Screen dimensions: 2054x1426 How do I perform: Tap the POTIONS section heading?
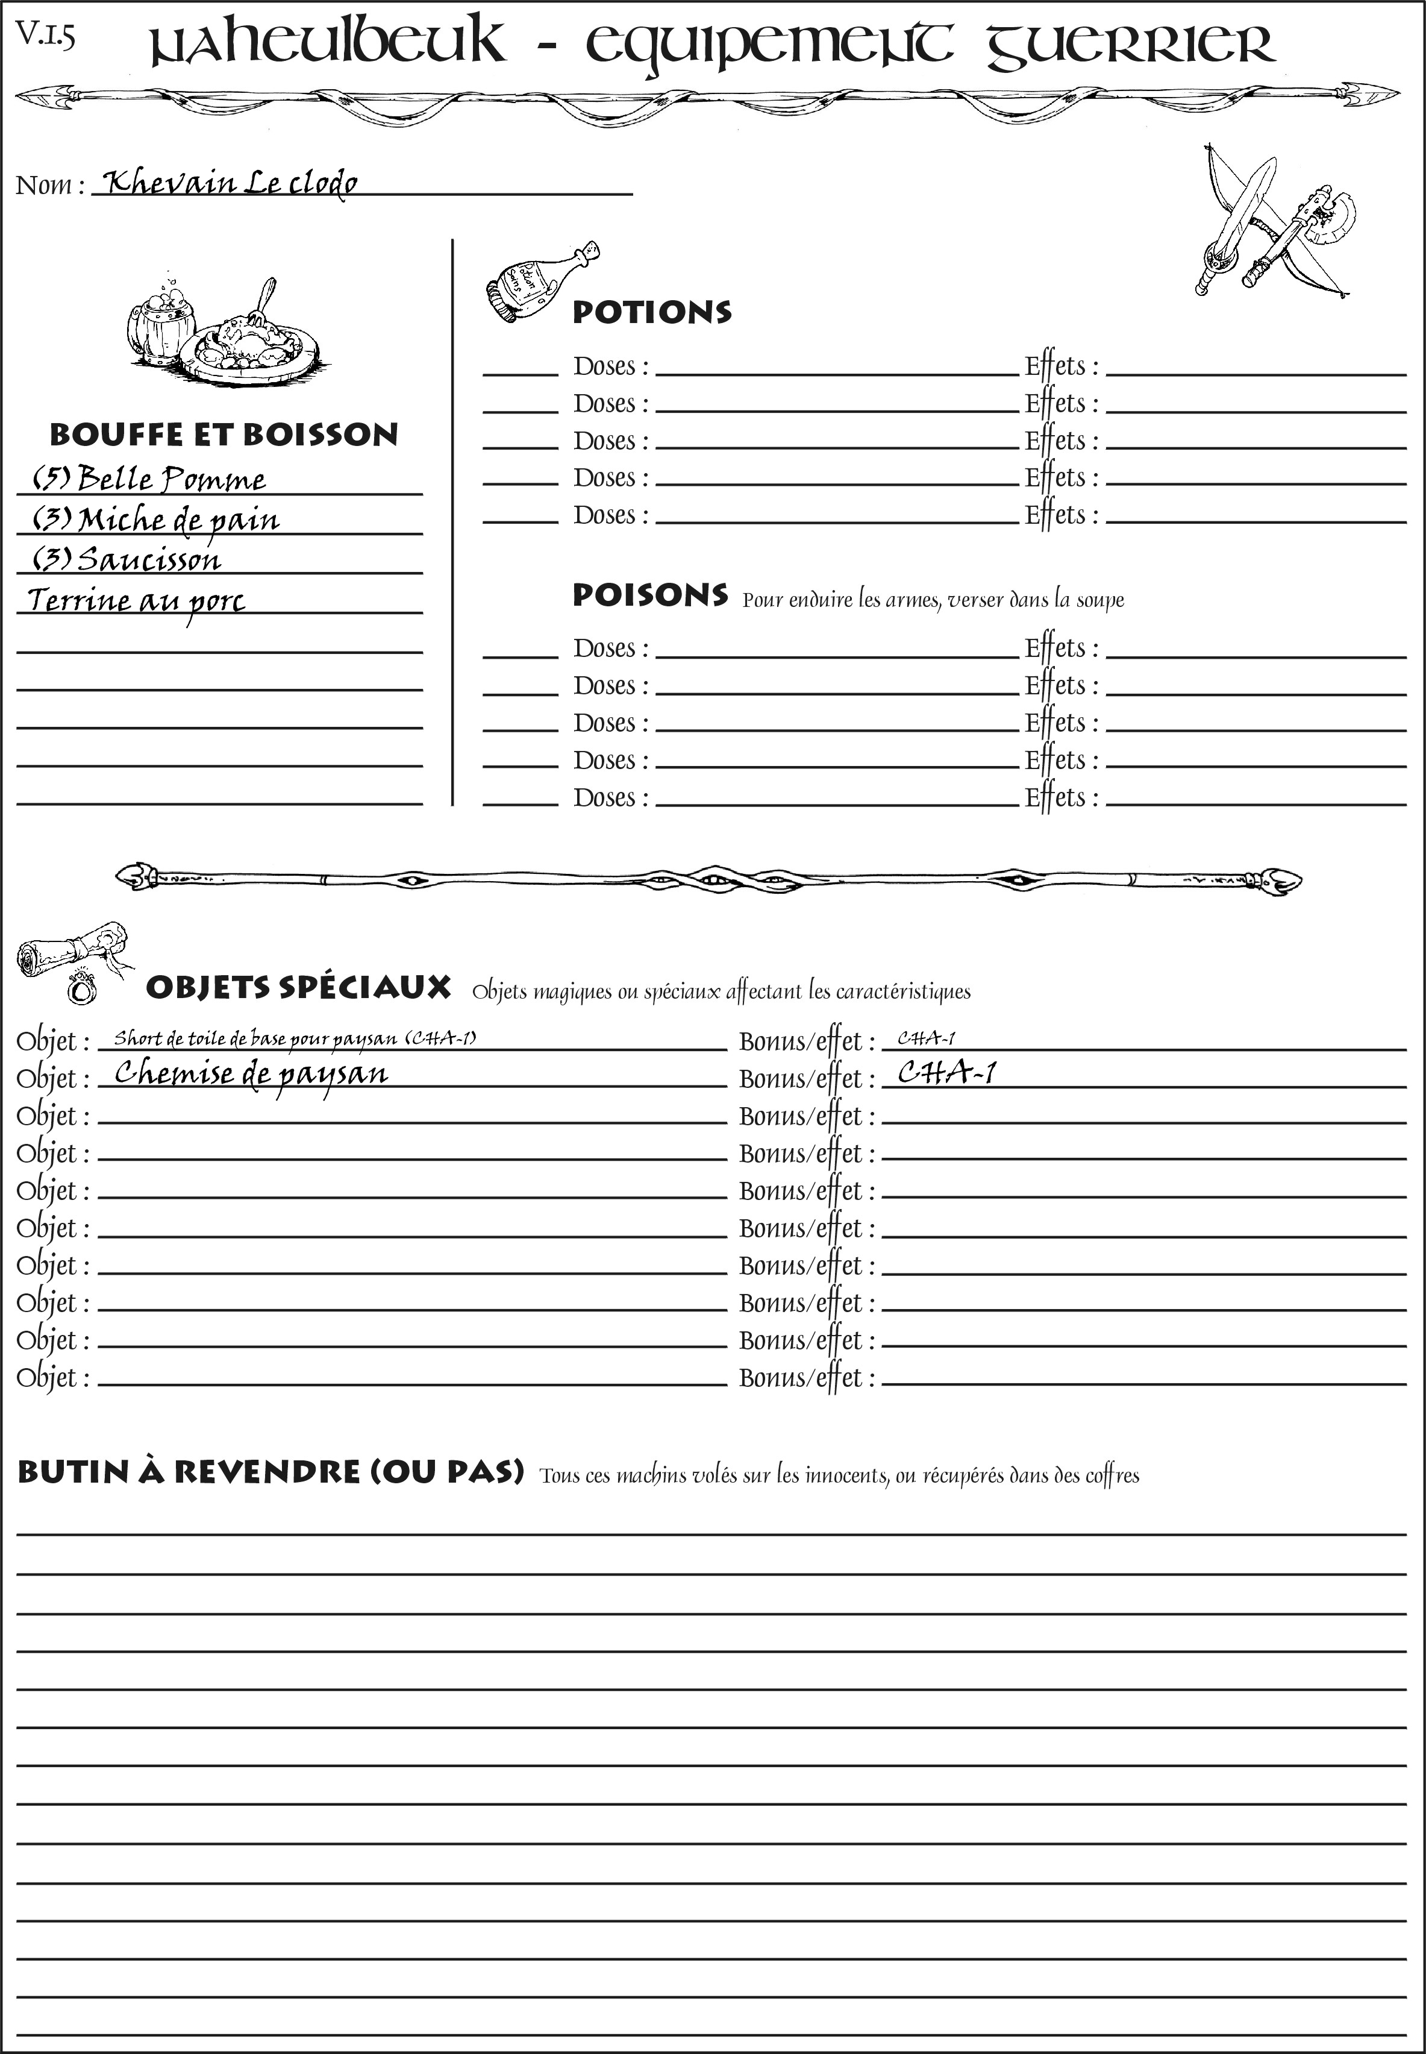tap(651, 312)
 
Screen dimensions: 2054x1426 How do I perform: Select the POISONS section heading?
tap(649, 595)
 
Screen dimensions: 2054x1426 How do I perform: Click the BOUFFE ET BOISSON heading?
tap(224, 435)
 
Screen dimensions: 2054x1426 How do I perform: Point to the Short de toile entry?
tap(295, 1038)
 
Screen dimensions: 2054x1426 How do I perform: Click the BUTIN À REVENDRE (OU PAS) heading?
tap(270, 1472)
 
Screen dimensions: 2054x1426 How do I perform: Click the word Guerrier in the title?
tap(1130, 45)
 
